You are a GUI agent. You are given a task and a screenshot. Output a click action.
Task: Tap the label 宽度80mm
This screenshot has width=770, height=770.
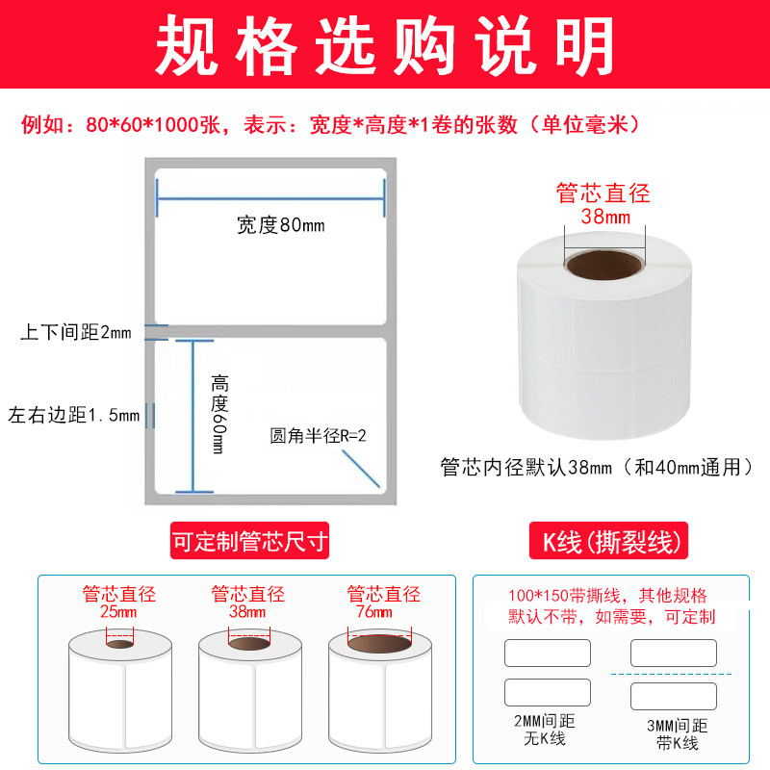tap(281, 226)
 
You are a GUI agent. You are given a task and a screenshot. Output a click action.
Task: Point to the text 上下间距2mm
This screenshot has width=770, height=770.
tap(75, 333)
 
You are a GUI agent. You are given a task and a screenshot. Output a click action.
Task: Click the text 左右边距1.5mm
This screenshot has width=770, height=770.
tap(74, 416)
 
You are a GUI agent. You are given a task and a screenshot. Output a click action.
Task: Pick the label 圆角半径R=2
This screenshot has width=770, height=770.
tap(319, 436)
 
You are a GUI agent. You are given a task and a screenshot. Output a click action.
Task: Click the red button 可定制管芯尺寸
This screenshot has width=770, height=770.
tap(249, 542)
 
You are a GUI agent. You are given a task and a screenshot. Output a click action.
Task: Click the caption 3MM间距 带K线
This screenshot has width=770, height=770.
tap(674, 732)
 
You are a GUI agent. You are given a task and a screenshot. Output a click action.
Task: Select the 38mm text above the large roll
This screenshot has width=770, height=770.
tap(604, 217)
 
